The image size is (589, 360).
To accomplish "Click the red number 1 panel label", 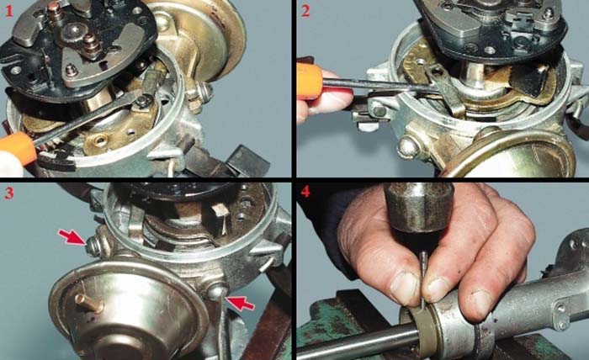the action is click(x=8, y=12).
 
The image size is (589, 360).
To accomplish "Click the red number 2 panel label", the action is click(x=305, y=11).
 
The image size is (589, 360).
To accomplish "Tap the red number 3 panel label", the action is click(x=9, y=193).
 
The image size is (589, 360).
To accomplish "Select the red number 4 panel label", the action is click(x=305, y=193).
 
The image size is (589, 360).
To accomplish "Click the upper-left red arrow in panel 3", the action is click(x=73, y=237).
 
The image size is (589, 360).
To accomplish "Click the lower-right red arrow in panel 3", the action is click(x=241, y=303).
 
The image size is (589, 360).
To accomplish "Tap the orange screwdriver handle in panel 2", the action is click(x=310, y=81).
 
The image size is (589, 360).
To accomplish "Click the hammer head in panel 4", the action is click(x=417, y=208).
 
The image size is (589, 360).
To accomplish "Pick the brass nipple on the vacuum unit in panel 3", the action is click(x=88, y=303).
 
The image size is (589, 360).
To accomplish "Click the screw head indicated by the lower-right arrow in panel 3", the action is click(x=217, y=291).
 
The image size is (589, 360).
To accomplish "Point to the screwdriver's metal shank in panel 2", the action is click(x=379, y=85).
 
